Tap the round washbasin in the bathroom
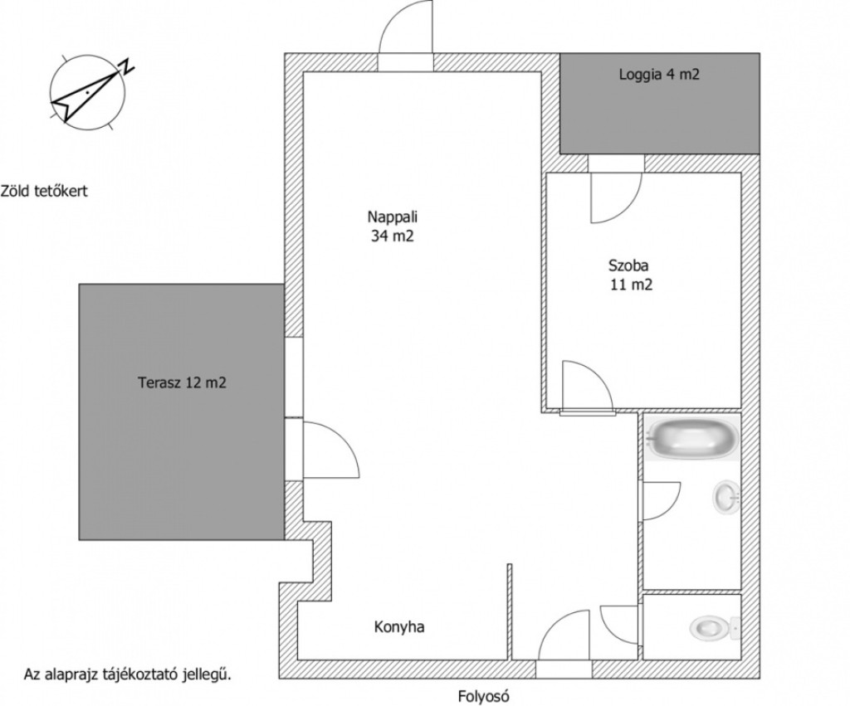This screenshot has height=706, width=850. click(x=725, y=497)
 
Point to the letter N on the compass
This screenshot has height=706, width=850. click(x=127, y=66)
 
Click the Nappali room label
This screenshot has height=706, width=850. click(x=393, y=217)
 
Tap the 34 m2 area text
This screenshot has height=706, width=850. click(x=393, y=236)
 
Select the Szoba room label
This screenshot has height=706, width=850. click(x=628, y=265)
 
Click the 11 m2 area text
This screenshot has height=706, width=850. click(x=632, y=285)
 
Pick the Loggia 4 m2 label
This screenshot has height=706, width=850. click(x=659, y=74)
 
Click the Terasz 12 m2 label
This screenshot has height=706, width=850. click(x=182, y=383)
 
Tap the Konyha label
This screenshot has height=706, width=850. click(x=399, y=627)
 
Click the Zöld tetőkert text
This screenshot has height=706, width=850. click(x=44, y=191)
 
